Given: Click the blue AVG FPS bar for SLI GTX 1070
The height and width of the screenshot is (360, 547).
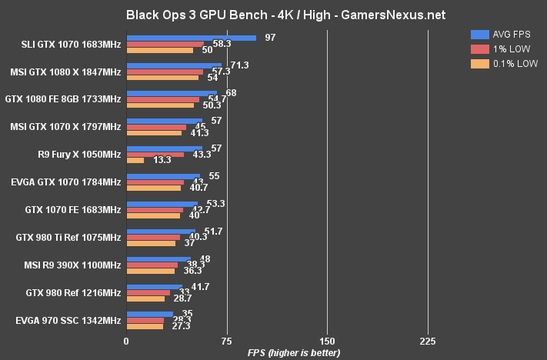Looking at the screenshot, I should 191,38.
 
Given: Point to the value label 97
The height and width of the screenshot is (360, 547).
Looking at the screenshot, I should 270,37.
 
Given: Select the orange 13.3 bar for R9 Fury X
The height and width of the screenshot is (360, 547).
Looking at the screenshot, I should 135,161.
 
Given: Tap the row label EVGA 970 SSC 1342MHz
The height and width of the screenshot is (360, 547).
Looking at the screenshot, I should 68,320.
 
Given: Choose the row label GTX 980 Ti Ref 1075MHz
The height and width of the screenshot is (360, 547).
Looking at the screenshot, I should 65,238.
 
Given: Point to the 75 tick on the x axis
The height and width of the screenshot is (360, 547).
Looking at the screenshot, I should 226,341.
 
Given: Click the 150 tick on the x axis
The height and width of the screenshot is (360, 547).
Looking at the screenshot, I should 327,341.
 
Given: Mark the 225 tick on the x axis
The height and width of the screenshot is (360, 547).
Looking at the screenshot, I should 428,341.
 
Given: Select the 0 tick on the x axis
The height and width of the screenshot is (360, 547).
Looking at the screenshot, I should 126,341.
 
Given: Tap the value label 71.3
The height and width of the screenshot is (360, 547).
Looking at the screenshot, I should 239,65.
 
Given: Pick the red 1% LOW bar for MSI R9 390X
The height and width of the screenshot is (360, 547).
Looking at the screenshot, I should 152,265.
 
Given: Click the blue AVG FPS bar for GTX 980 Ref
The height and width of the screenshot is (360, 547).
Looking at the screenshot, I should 154,286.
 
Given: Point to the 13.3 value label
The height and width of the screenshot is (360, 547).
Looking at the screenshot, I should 162,161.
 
